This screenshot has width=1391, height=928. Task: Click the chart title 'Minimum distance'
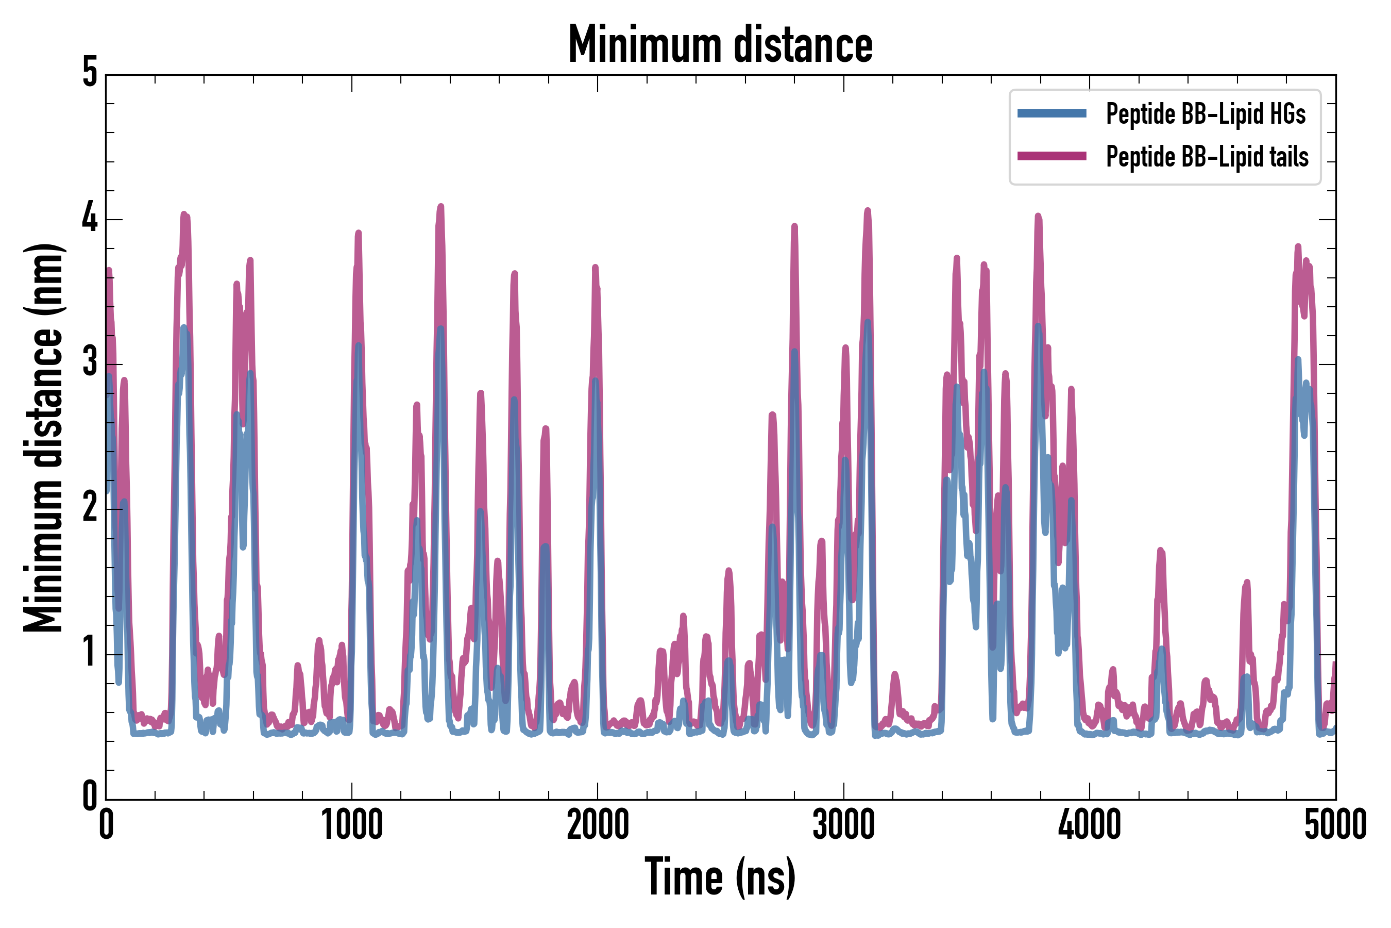pyautogui.click(x=720, y=45)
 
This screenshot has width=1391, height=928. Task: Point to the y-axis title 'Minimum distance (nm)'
pyautogui.click(x=43, y=437)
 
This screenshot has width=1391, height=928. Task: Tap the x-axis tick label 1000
pyautogui.click(x=352, y=825)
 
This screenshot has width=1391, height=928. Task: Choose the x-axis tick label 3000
pyautogui.click(x=843, y=825)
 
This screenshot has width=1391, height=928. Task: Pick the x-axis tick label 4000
pyautogui.click(x=1090, y=825)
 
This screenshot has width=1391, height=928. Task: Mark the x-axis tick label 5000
pyautogui.click(x=1335, y=825)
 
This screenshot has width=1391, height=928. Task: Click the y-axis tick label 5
pyautogui.click(x=90, y=73)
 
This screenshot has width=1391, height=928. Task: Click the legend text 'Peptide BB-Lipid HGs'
pyautogui.click(x=1206, y=113)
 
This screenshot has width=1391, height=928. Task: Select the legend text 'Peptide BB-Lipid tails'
pyautogui.click(x=1207, y=157)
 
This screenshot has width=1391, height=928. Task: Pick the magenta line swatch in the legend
pyautogui.click(x=1051, y=156)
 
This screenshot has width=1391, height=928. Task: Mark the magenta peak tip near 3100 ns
pyautogui.click(x=868, y=210)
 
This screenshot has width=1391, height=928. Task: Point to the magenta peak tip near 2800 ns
pyautogui.click(x=794, y=226)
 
